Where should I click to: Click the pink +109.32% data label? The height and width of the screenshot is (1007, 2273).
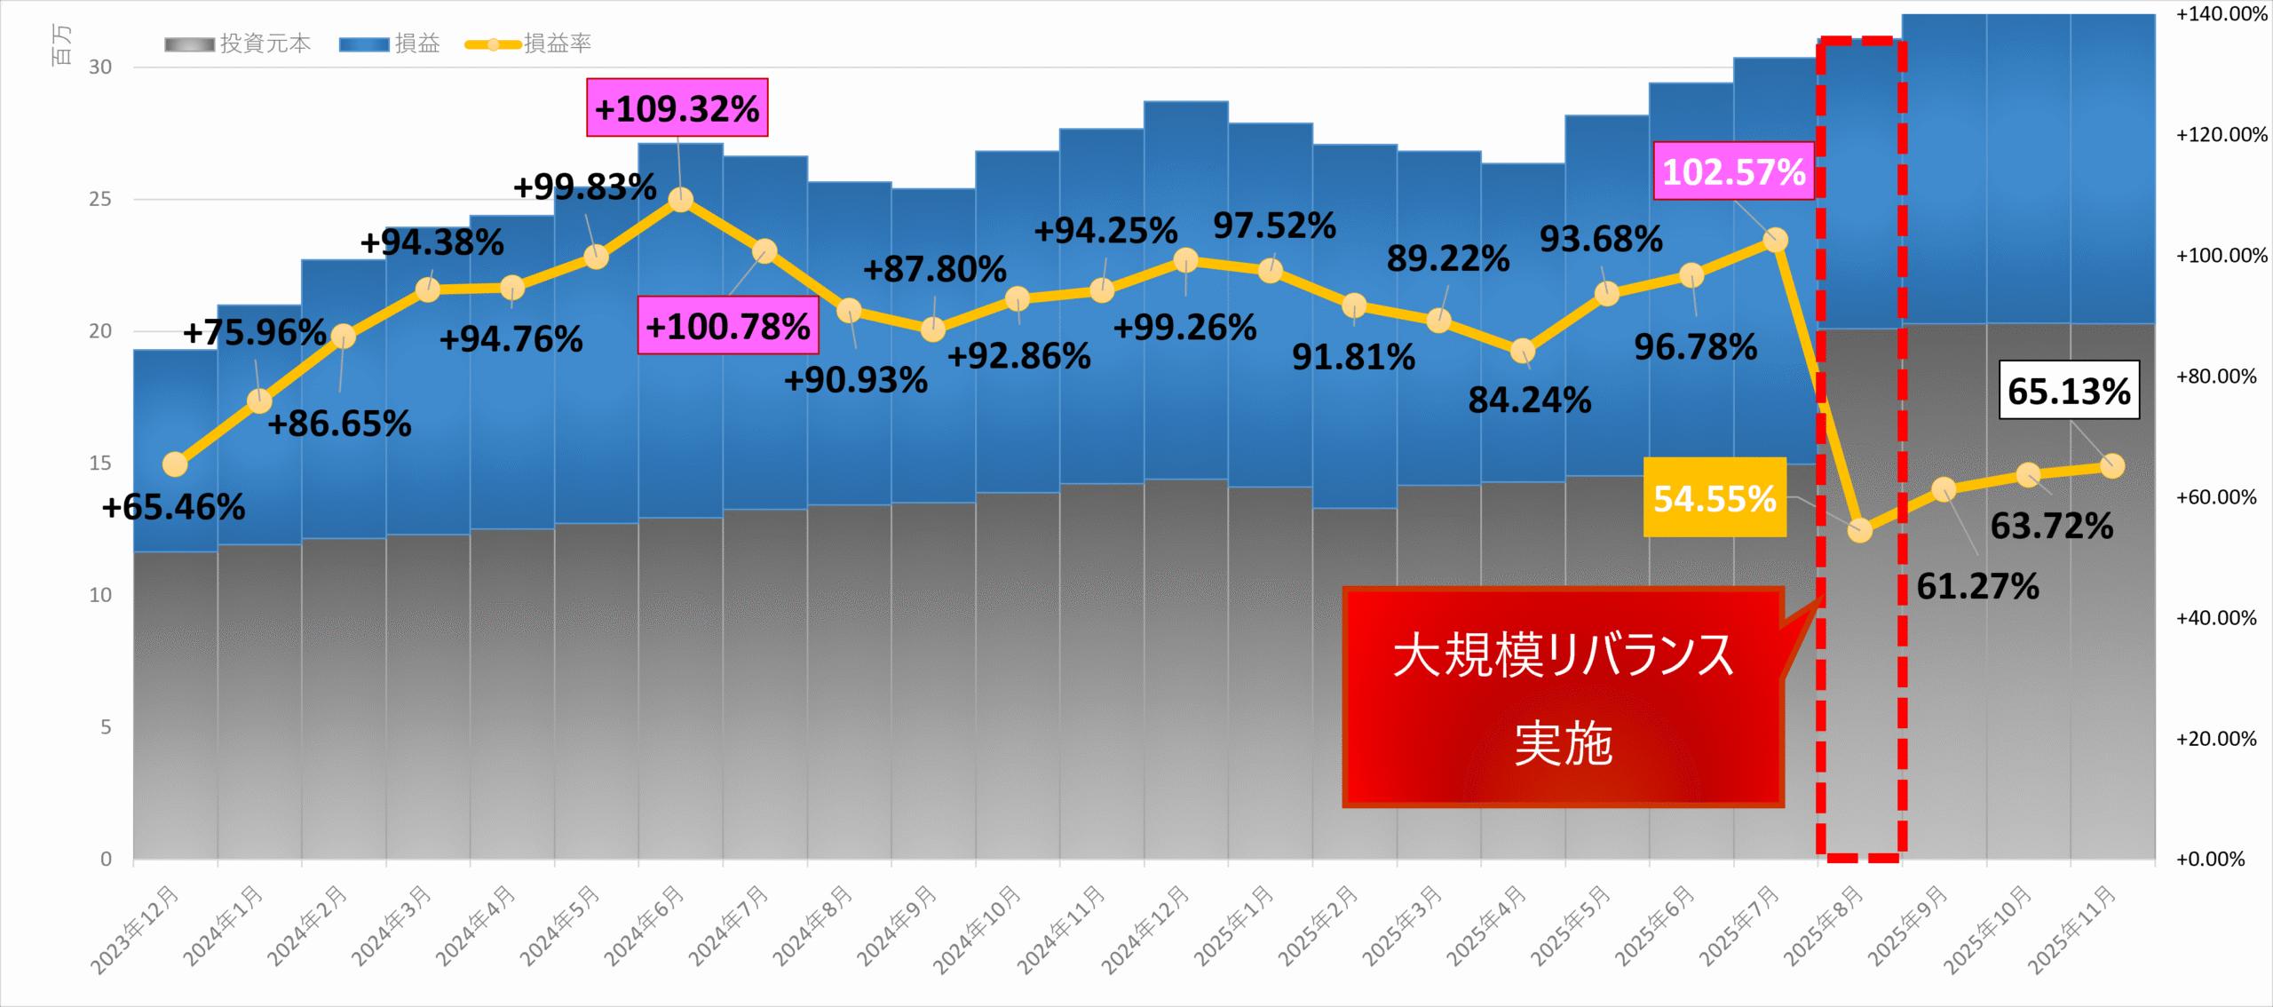tap(677, 107)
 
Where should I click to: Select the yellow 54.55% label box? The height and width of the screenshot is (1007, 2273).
tap(1714, 498)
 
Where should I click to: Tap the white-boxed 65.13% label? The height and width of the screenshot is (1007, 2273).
tap(2068, 390)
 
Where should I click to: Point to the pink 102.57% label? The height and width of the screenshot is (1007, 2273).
tap(1733, 171)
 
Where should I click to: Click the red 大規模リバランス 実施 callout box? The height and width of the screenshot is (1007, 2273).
tap(1563, 697)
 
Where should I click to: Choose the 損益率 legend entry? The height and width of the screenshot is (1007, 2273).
tap(529, 44)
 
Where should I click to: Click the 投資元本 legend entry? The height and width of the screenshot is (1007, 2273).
tap(238, 44)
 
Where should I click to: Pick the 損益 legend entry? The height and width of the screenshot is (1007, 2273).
tap(390, 44)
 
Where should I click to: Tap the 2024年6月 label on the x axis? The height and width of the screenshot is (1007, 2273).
tap(644, 925)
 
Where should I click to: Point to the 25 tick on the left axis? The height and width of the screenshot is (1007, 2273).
tap(100, 199)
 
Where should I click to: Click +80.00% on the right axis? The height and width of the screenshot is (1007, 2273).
tap(2215, 377)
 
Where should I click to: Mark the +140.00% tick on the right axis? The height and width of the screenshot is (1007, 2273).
tap(2221, 14)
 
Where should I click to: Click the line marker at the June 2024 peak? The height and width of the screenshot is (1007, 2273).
tap(680, 200)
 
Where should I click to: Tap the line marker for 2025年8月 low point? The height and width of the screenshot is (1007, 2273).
tap(1859, 530)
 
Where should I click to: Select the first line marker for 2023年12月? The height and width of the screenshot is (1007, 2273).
tap(175, 464)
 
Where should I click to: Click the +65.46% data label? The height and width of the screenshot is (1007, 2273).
tap(173, 507)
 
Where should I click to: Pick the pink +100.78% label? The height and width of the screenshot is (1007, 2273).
tap(727, 326)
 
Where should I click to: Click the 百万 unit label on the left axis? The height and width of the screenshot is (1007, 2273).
tap(60, 44)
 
